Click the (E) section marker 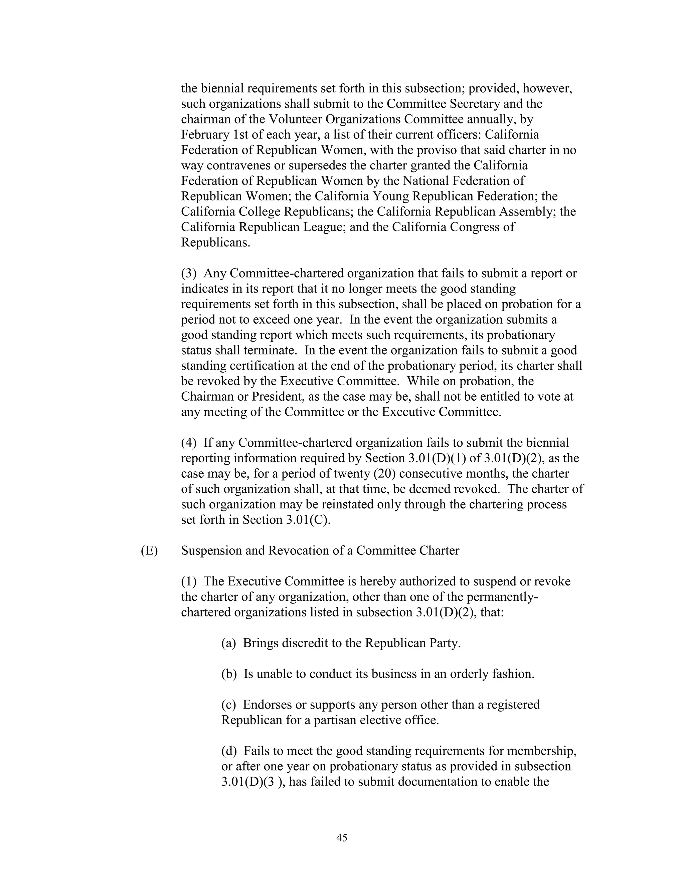pyautogui.click(x=149, y=551)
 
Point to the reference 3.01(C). pyautogui.click(x=308, y=520)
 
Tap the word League pyautogui.click(x=323, y=227)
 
